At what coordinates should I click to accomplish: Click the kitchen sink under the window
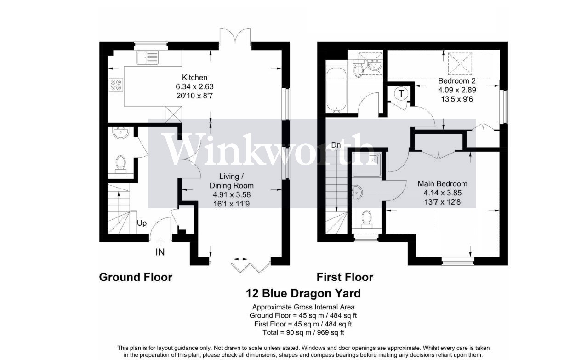click(x=148, y=58)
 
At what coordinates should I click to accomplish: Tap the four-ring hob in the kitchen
click(x=116, y=85)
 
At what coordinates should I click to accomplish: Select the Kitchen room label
click(x=194, y=78)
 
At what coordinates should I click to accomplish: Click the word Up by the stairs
click(x=142, y=223)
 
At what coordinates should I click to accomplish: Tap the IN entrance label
click(x=160, y=252)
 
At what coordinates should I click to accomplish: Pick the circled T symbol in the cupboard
click(x=402, y=94)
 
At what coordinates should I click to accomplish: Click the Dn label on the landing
click(x=336, y=145)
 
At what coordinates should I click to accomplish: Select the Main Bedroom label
click(x=442, y=183)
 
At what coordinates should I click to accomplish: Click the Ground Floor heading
click(x=136, y=277)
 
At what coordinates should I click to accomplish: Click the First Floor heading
click(x=345, y=277)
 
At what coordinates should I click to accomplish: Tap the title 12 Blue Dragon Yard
click(x=303, y=293)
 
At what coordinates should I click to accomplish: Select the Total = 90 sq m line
click(x=303, y=332)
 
